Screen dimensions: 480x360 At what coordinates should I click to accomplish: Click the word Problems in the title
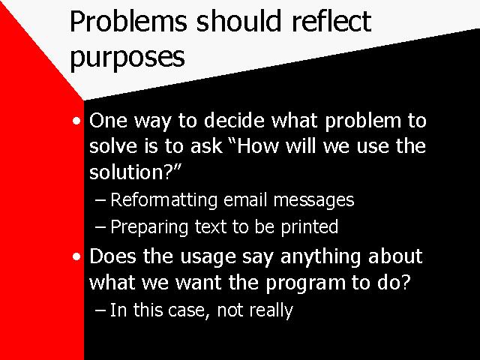pos(128,21)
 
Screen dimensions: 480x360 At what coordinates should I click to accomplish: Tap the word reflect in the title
pos(331,21)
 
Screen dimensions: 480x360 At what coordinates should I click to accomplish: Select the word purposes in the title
pos(127,57)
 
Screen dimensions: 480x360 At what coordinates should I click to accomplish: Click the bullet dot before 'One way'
pos(76,121)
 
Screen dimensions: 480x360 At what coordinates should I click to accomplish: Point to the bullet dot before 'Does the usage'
pos(76,256)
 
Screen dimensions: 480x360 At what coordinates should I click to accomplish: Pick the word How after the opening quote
pos(257,146)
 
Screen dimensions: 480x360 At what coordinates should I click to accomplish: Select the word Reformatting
pos(163,200)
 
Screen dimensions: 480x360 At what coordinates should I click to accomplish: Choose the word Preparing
pos(149,227)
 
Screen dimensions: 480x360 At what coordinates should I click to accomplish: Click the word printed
pos(310,226)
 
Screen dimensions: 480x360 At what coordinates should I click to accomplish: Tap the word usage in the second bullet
pos(208,257)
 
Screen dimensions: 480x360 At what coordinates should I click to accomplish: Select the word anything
pos(321,256)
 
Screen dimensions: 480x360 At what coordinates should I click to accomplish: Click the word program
pos(305,283)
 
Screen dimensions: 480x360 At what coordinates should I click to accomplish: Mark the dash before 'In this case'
pos(100,310)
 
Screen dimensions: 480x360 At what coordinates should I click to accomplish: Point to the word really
pos(271,310)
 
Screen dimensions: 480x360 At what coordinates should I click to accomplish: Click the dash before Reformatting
pos(100,200)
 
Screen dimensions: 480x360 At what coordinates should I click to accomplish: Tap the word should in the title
pos(238,21)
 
